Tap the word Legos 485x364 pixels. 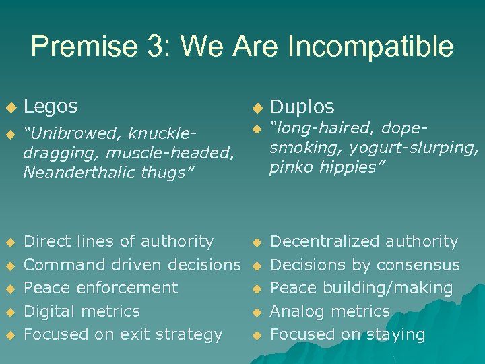[51, 106]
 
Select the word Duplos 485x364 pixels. [302, 107]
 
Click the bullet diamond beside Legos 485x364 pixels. [9, 107]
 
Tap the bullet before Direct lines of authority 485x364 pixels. [9, 242]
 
